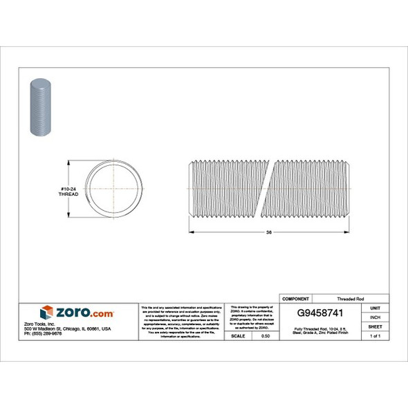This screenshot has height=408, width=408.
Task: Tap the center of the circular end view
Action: [114, 188]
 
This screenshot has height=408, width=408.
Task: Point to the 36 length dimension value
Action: [268, 232]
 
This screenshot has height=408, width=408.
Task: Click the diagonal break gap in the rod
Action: [267, 188]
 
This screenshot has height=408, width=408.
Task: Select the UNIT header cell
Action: [376, 306]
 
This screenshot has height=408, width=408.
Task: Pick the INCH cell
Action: [376, 316]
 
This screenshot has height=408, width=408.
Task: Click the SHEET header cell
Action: [376, 326]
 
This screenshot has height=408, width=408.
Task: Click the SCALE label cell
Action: [239, 335]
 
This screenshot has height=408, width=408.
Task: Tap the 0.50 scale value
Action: [265, 335]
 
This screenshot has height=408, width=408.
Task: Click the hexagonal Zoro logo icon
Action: [48, 313]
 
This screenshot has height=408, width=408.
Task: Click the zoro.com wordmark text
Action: [82, 313]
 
